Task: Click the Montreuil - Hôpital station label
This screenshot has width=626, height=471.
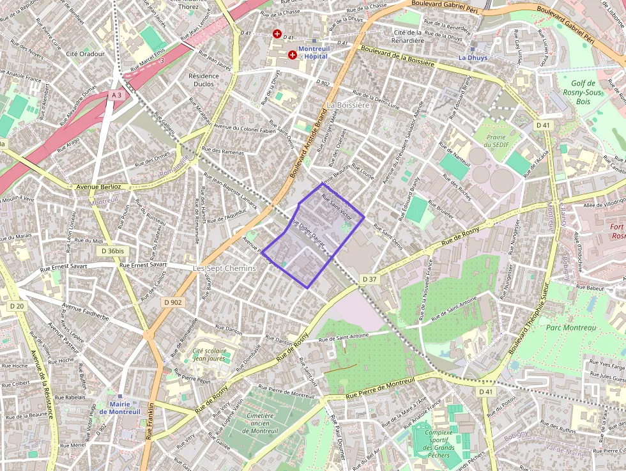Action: point(312,52)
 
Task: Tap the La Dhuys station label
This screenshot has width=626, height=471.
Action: point(473,58)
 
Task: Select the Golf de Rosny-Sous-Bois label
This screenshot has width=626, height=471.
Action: point(583,92)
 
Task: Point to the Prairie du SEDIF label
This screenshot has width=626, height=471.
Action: point(496,141)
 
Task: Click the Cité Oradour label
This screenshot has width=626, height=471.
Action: point(85,54)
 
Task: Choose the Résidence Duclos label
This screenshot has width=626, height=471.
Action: point(204,79)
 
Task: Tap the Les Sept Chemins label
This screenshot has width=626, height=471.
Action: point(224,268)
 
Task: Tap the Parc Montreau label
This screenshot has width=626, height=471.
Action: point(570,328)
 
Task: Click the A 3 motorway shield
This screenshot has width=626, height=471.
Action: point(116,95)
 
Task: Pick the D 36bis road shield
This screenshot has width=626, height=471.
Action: point(112,251)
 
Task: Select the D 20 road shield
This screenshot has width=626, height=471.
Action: point(17,306)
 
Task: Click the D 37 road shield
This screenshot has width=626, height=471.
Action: point(370,279)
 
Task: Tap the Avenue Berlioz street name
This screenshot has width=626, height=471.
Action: point(98,187)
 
